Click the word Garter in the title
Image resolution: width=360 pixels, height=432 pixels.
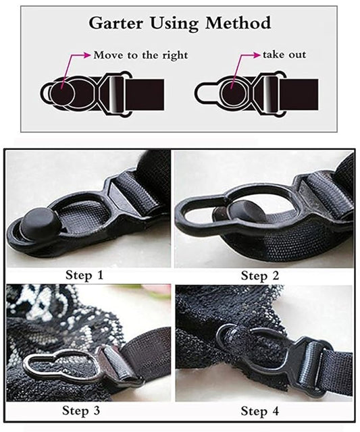click(x=115, y=24)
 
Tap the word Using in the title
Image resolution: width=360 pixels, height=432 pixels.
click(x=174, y=24)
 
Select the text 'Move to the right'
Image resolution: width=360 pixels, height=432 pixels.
click(x=141, y=55)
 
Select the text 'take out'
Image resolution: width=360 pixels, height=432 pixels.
click(x=284, y=55)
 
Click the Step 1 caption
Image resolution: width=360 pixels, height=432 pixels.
click(x=84, y=275)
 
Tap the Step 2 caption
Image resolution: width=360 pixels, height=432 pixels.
click(x=260, y=275)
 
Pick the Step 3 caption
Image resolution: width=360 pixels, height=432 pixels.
click(x=81, y=410)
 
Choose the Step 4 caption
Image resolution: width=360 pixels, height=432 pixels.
click(x=259, y=411)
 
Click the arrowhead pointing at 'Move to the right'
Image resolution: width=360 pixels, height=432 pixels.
click(x=88, y=55)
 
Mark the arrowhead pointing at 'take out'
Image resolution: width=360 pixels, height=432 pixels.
click(x=257, y=55)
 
